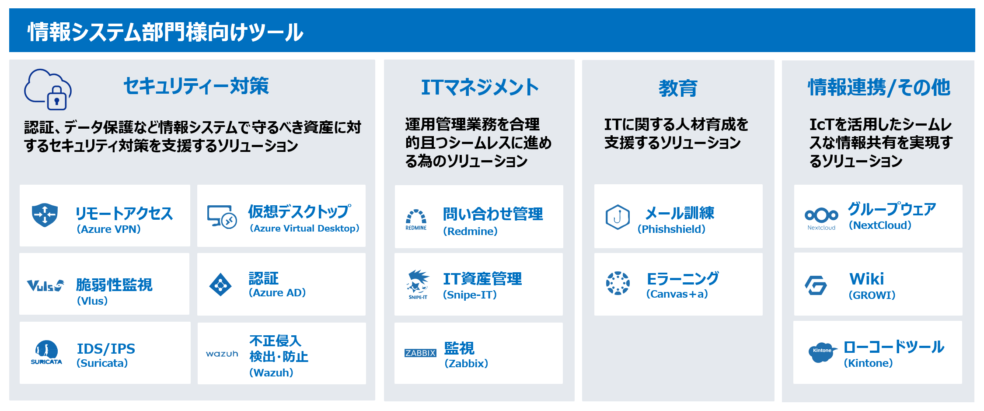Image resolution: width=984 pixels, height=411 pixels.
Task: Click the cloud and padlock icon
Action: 48,89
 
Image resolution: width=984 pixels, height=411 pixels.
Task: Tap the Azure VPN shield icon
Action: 45,215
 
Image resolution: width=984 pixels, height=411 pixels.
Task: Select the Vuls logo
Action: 45,285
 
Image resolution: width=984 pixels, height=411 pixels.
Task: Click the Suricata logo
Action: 46,352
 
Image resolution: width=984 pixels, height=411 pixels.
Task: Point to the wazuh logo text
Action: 222,354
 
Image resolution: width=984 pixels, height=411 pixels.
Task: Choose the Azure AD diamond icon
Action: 220,285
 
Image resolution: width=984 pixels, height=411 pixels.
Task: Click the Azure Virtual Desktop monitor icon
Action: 222,217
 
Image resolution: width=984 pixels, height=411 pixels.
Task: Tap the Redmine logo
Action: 416,220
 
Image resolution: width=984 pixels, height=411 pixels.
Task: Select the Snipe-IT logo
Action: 418,285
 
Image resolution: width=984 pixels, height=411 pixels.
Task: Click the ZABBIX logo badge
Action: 420,353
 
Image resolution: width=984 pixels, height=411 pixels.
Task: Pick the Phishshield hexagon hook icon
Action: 618,217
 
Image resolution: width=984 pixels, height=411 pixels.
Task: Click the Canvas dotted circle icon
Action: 618,283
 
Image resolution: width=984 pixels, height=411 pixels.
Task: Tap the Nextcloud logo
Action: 821,219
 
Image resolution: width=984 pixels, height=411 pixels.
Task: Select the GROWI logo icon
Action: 816,285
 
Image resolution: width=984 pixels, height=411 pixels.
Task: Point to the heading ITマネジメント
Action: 480,87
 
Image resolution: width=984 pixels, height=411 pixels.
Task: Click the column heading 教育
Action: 678,88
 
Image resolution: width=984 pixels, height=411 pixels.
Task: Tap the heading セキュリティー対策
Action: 196,86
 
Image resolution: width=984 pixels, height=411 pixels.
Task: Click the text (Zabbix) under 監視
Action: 466,364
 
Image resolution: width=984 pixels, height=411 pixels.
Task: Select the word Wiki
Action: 866,279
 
